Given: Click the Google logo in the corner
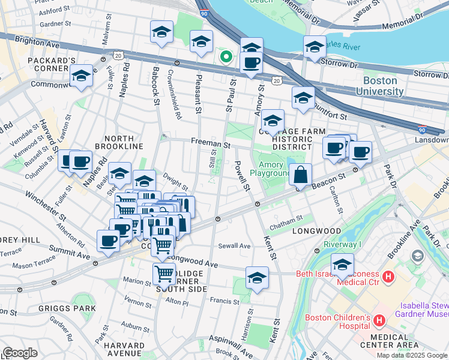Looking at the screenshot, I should tap(20, 353).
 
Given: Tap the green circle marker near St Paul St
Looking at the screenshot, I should tap(226, 58).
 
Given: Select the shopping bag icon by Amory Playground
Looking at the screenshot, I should tap(300, 175).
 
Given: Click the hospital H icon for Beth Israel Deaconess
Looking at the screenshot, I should tap(388, 278).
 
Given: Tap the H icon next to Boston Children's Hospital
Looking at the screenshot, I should tap(379, 321).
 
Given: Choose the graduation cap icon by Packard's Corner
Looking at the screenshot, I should tap(81, 76).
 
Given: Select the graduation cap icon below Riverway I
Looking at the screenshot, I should tap(342, 264).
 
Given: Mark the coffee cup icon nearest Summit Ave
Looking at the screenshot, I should tap(108, 241).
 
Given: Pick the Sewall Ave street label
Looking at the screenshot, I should tap(235, 246).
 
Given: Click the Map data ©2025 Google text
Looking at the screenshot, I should tap(412, 355).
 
